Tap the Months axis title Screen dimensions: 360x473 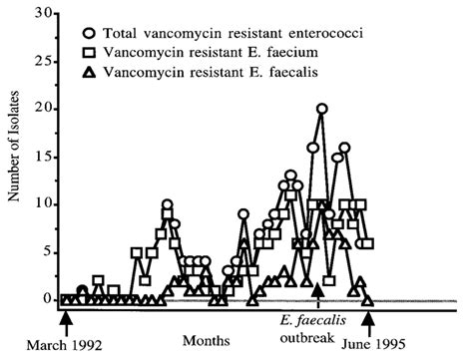coord(204,326)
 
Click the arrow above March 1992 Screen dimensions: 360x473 coord(65,321)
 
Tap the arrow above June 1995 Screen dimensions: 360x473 coord(369,321)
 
